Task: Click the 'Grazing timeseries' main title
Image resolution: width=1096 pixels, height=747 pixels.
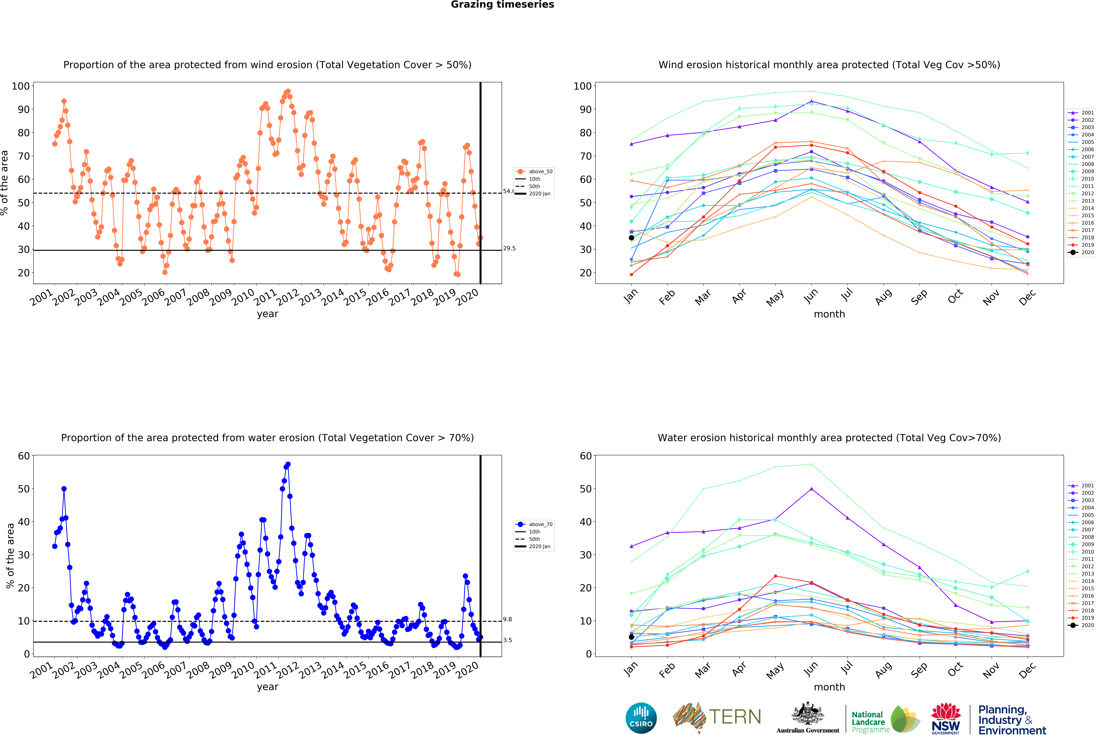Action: click(x=502, y=5)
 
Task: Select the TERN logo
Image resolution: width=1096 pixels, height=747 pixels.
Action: click(x=717, y=717)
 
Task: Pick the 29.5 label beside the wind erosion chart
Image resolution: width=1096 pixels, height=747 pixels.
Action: click(x=509, y=249)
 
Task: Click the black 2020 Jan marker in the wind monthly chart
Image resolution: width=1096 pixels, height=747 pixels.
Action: click(x=631, y=238)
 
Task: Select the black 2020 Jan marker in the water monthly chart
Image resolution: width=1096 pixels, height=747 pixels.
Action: click(x=631, y=637)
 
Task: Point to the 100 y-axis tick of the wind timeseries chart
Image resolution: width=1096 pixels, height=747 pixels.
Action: click(x=21, y=86)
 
